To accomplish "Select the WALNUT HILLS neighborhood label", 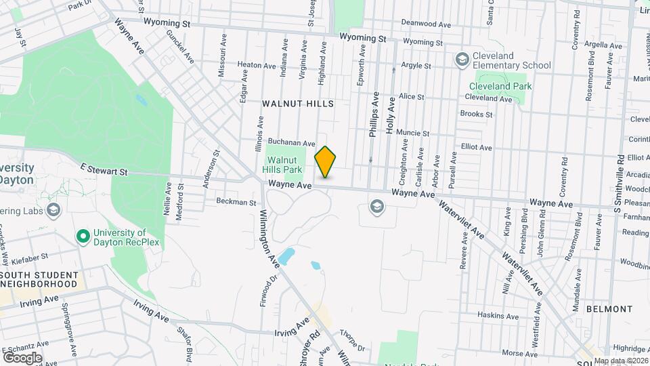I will [298, 104].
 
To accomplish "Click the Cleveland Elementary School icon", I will [462, 60].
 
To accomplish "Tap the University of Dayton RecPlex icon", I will [83, 237].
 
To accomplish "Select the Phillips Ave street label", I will [374, 115].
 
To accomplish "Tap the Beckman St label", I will [236, 202].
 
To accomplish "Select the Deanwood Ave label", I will [426, 24].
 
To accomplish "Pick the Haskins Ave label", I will [498, 315].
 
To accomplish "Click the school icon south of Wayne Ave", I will [377, 205].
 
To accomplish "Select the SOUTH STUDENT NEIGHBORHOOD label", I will [39, 279].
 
